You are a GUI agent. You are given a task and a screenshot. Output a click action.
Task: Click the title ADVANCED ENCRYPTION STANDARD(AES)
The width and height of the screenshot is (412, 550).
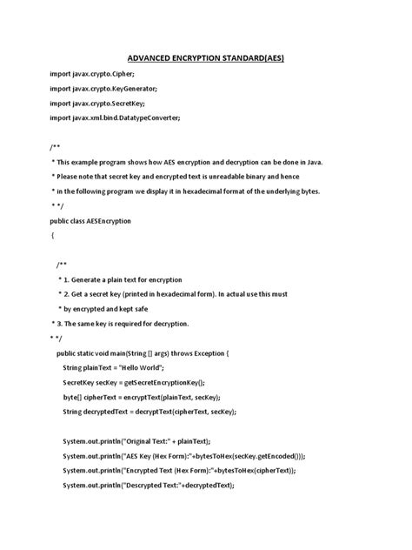(205, 57)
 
